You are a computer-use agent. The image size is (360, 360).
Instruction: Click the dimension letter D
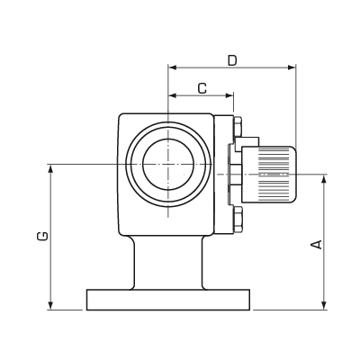tap(231, 60)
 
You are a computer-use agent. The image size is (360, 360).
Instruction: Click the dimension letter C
tap(202, 87)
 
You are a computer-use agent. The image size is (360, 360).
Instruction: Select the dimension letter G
tap(41, 236)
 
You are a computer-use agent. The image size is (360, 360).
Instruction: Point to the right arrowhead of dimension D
tap(292, 67)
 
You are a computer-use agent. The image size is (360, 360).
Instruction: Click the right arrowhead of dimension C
tap(229, 94)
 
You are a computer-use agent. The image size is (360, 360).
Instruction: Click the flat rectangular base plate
tap(168, 299)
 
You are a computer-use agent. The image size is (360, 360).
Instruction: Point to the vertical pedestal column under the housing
tap(168, 261)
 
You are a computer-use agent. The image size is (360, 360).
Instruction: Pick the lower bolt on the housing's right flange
tap(236, 216)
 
